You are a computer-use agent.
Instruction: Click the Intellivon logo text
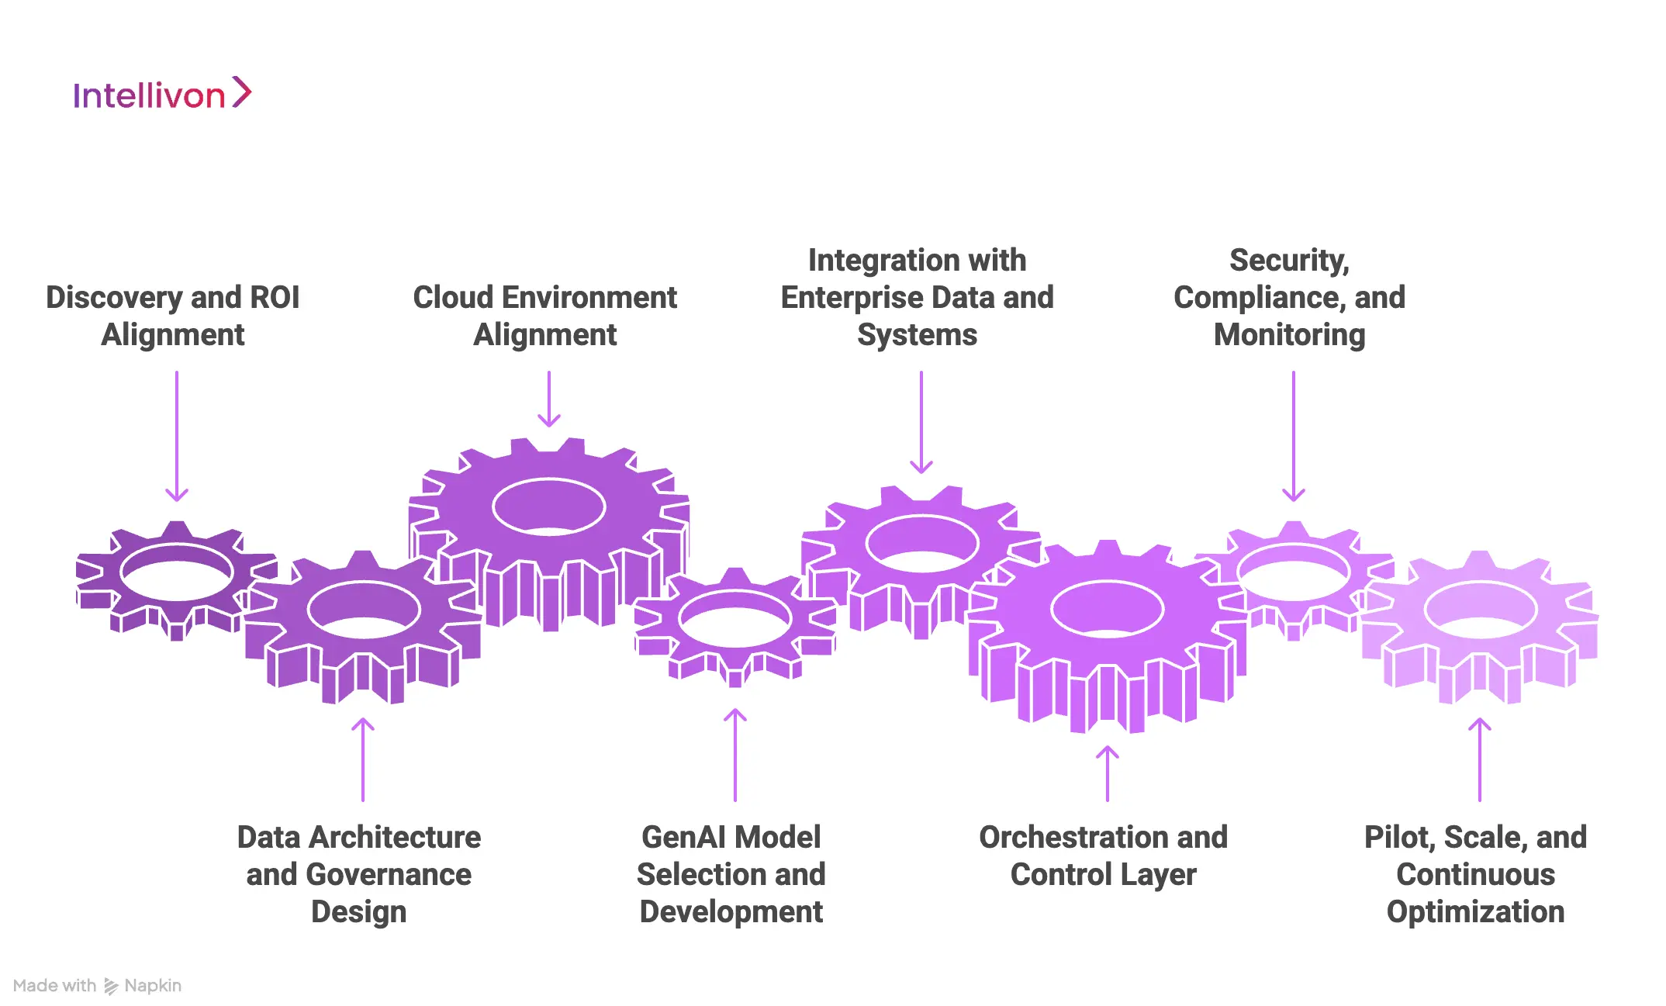coord(149,95)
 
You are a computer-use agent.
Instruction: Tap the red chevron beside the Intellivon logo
coord(242,92)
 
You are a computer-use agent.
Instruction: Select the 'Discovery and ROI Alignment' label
coord(173,316)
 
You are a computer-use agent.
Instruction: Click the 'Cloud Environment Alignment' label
coord(545,316)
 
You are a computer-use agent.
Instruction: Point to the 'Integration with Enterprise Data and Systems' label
coord(917,297)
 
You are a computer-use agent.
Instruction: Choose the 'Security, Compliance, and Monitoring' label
coord(1289,297)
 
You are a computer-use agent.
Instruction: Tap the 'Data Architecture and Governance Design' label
coord(359,874)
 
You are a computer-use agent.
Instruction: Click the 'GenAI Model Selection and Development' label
coord(731,874)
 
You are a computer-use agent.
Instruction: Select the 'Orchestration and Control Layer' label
coord(1103,856)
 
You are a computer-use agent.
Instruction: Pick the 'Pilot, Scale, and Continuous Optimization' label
coord(1475,874)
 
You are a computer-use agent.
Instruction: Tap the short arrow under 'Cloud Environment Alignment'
coord(549,399)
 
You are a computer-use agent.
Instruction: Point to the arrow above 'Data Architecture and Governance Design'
coord(363,759)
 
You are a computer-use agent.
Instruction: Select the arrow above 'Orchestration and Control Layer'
coord(1108,773)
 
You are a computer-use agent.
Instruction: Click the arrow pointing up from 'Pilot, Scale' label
coord(1480,759)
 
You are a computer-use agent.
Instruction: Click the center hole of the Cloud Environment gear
coord(549,507)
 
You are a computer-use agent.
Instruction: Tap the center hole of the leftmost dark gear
coord(177,573)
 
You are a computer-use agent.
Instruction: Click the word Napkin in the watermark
coord(153,986)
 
